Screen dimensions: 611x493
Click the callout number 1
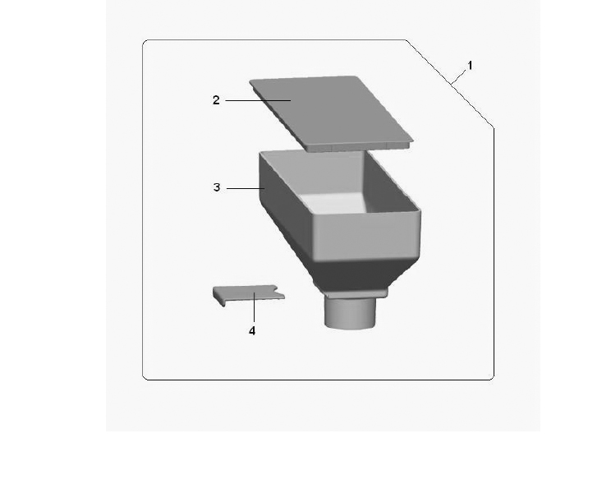tap(470, 66)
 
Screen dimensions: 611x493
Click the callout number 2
tap(216, 100)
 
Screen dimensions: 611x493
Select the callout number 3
tap(217, 187)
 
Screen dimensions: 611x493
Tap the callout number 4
tap(252, 331)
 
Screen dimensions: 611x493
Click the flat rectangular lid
tap(331, 113)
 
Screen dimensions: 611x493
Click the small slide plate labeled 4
tap(248, 294)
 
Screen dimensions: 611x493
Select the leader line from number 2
tap(258, 100)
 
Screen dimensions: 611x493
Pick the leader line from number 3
tap(246, 189)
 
